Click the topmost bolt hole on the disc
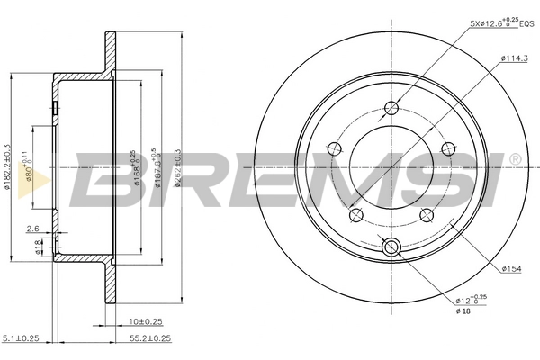(x=391, y=110)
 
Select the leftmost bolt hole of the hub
(x=335, y=149)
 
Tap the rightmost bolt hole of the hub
(x=447, y=149)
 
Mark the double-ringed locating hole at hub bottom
(x=391, y=247)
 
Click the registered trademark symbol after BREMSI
(x=514, y=159)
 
